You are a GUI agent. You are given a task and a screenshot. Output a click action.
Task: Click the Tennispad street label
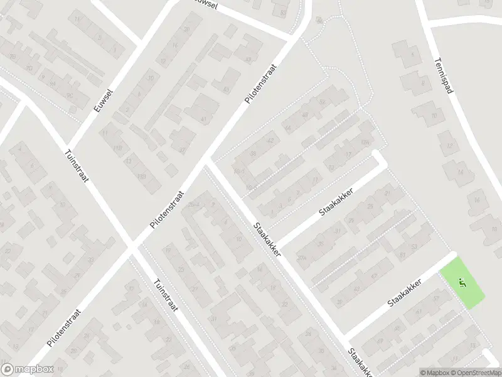point(444,77)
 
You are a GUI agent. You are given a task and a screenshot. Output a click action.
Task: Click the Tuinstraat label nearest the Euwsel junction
point(77,166)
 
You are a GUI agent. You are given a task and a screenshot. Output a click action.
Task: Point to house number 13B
point(142,177)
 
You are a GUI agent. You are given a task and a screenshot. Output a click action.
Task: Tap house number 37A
point(301,258)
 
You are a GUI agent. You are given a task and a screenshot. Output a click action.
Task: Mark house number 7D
point(366,143)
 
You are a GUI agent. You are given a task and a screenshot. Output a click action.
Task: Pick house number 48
point(306,115)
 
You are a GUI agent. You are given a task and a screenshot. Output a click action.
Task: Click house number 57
point(436,298)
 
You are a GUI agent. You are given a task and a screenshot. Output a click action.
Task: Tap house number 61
point(402,254)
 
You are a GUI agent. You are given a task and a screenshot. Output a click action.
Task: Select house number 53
point(414,246)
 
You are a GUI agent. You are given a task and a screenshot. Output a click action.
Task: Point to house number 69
point(380,341)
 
